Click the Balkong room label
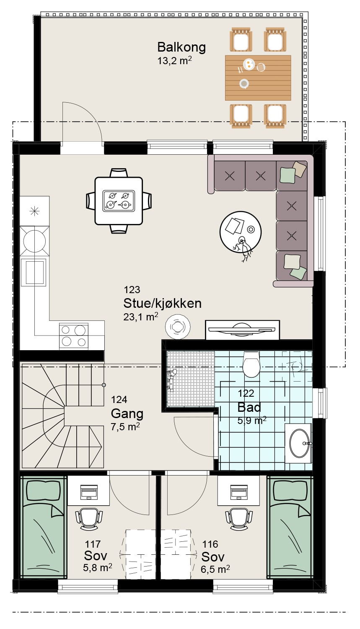(x=181, y=47)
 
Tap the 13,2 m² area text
(x=174, y=60)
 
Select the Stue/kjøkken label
(x=163, y=304)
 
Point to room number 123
(x=132, y=289)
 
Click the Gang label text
(x=127, y=414)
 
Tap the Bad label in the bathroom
(x=249, y=407)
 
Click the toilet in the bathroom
(x=251, y=364)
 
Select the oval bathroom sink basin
(x=299, y=443)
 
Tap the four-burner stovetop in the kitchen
(x=74, y=336)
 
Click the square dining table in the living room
(x=119, y=201)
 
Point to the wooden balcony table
(x=258, y=78)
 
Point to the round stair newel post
(x=104, y=385)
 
